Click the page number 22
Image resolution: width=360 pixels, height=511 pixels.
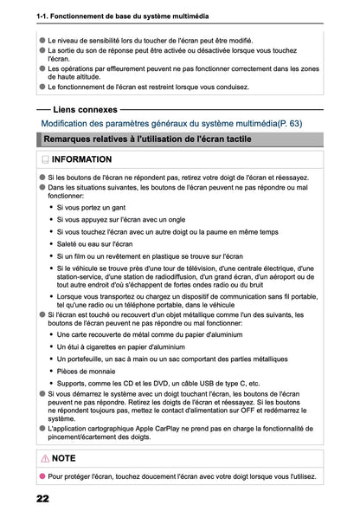pos(42,500)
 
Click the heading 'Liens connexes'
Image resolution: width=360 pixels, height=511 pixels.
pos(85,110)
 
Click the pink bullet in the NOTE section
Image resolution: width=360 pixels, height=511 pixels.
pos(40,475)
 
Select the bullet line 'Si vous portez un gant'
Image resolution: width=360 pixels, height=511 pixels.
pos(90,207)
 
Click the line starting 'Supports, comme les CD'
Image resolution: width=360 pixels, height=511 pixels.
pos(160,382)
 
